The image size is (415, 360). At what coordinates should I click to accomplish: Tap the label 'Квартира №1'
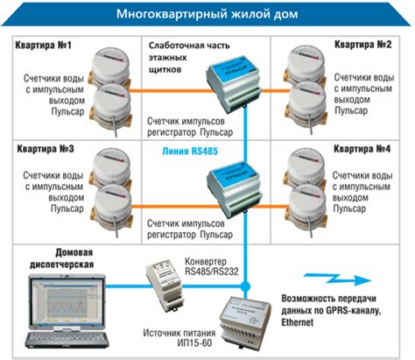click(x=43, y=45)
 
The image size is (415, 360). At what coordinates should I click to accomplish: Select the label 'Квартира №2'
click(x=361, y=44)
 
